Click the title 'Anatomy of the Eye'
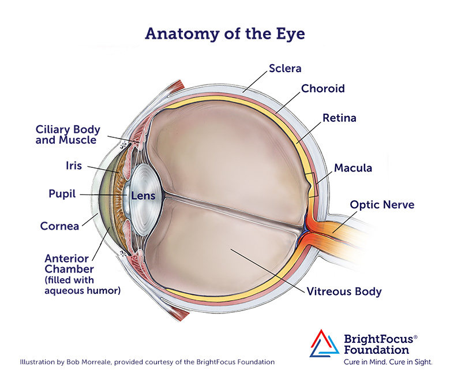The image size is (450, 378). [225, 34]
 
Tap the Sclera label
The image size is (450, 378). [285, 68]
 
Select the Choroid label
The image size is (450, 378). [323, 88]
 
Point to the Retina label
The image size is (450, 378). [339, 118]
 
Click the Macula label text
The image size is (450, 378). [353, 168]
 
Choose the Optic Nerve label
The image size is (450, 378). [382, 205]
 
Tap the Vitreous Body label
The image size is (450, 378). [344, 291]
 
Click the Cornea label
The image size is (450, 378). [59, 226]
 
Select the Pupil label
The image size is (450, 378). [62, 194]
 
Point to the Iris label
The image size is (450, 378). [74, 166]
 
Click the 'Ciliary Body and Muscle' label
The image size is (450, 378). [67, 134]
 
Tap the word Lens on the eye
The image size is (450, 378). [143, 196]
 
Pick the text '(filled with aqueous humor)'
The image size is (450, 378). [82, 285]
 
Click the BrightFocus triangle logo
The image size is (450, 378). [324, 343]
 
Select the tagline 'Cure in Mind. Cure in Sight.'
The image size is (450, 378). [388, 362]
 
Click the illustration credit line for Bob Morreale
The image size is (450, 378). [147, 362]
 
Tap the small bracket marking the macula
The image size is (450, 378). [312, 185]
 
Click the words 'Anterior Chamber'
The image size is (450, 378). [69, 264]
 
